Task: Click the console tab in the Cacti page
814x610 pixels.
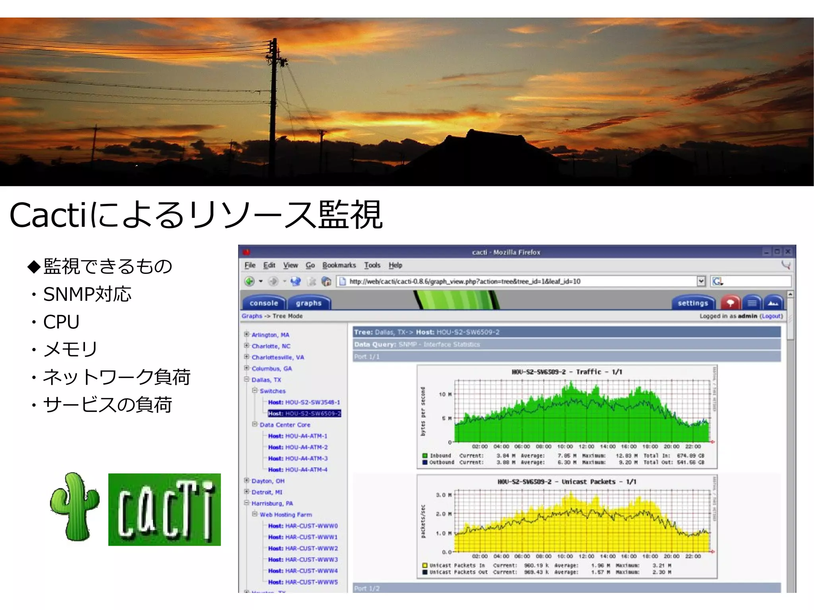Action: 264,303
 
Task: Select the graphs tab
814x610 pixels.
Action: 308,303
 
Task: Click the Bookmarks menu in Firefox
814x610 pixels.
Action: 339,265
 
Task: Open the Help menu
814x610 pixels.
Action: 395,265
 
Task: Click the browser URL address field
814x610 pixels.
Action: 517,281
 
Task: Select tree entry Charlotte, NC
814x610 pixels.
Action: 271,346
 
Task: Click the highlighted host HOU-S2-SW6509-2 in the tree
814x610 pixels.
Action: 304,413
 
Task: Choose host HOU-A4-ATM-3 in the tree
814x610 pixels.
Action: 298,458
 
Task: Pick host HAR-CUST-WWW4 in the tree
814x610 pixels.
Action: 303,571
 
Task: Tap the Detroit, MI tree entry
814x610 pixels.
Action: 267,492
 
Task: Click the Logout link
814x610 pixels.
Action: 771,316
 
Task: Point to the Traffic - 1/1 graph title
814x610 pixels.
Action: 567,372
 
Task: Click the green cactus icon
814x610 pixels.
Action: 75,507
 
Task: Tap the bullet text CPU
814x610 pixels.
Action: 61,321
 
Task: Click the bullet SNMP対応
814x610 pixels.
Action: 87,294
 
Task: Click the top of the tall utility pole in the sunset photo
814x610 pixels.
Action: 273,40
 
